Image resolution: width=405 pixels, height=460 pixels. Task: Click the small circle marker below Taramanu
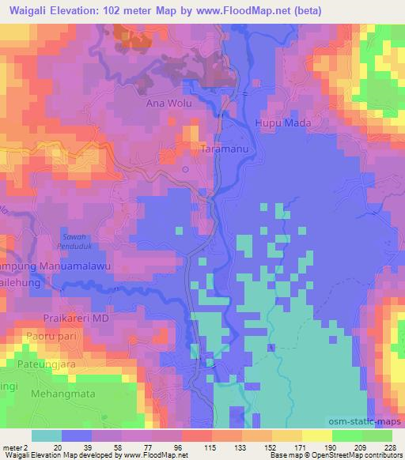tap(185, 169)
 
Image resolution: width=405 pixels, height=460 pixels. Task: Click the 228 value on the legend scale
tap(391, 447)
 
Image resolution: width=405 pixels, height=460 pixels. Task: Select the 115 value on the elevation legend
tap(211, 447)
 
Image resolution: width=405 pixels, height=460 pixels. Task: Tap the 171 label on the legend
tap(301, 447)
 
